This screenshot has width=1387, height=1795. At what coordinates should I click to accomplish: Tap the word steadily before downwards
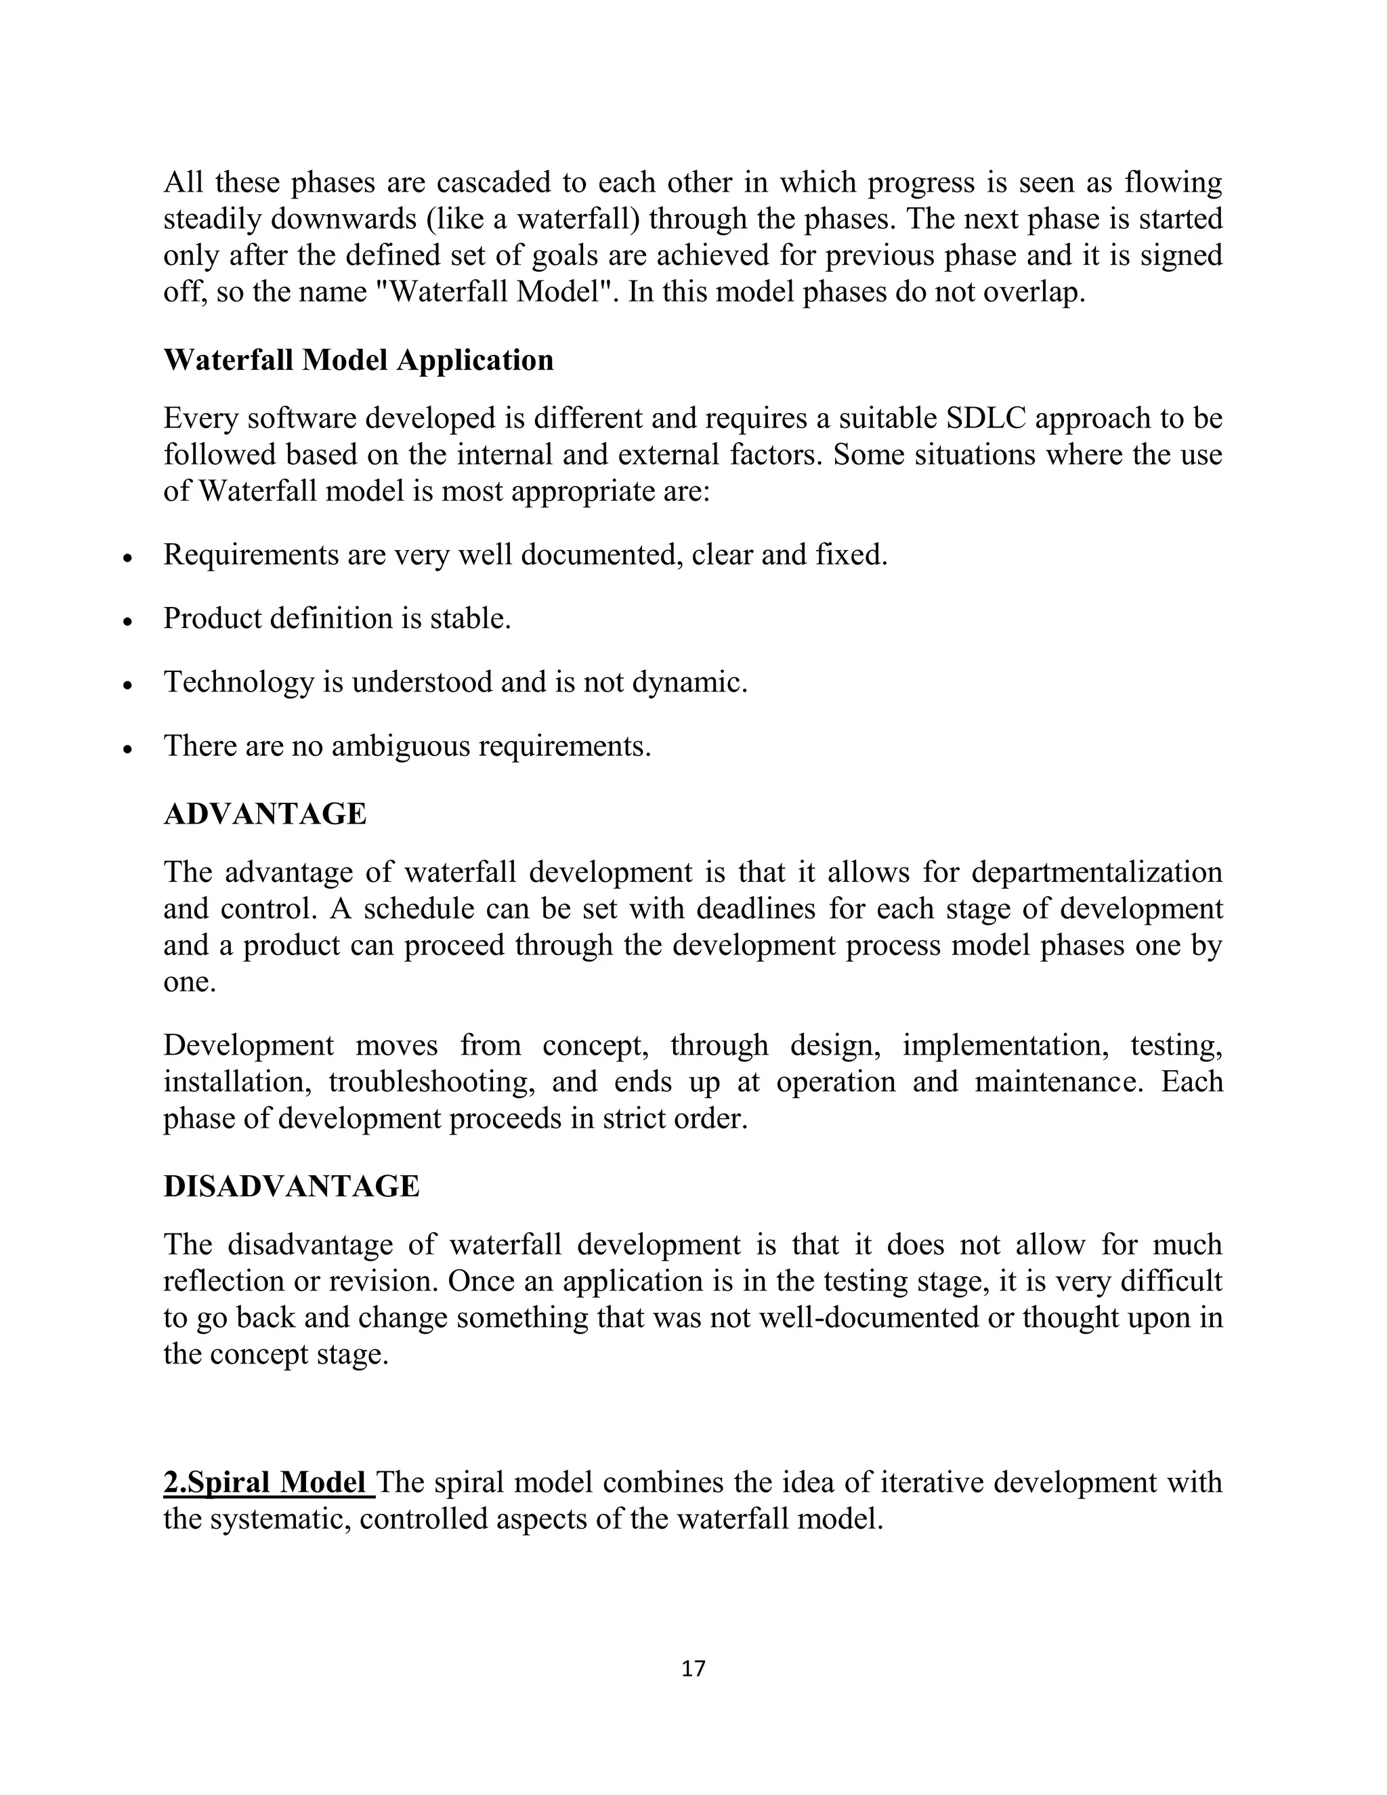(x=212, y=219)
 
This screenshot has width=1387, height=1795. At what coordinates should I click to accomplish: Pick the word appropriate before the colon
(x=593, y=492)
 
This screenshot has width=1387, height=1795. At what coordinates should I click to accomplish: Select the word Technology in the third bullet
(x=238, y=682)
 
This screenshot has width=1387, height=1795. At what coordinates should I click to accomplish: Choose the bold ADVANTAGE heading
(x=265, y=814)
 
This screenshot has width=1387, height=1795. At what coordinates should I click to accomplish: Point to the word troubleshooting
(x=431, y=1082)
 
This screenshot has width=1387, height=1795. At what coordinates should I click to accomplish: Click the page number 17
(x=693, y=1668)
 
